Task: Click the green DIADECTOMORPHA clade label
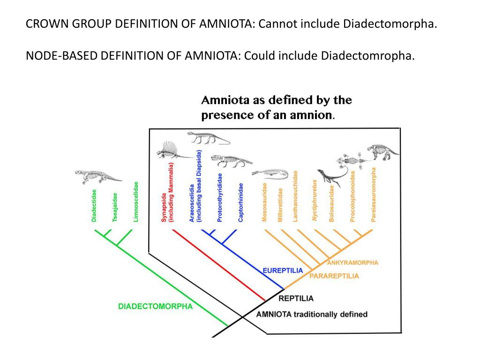point(155,307)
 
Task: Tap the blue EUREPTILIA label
point(283,270)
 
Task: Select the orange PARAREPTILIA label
point(334,276)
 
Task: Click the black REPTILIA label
point(296,298)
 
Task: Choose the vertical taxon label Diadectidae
point(94,205)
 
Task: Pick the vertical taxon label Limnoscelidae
point(135,202)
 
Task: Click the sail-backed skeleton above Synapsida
point(171,150)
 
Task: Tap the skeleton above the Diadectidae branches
point(97,177)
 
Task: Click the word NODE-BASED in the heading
point(60,56)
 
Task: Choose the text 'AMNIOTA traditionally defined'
point(312,314)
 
